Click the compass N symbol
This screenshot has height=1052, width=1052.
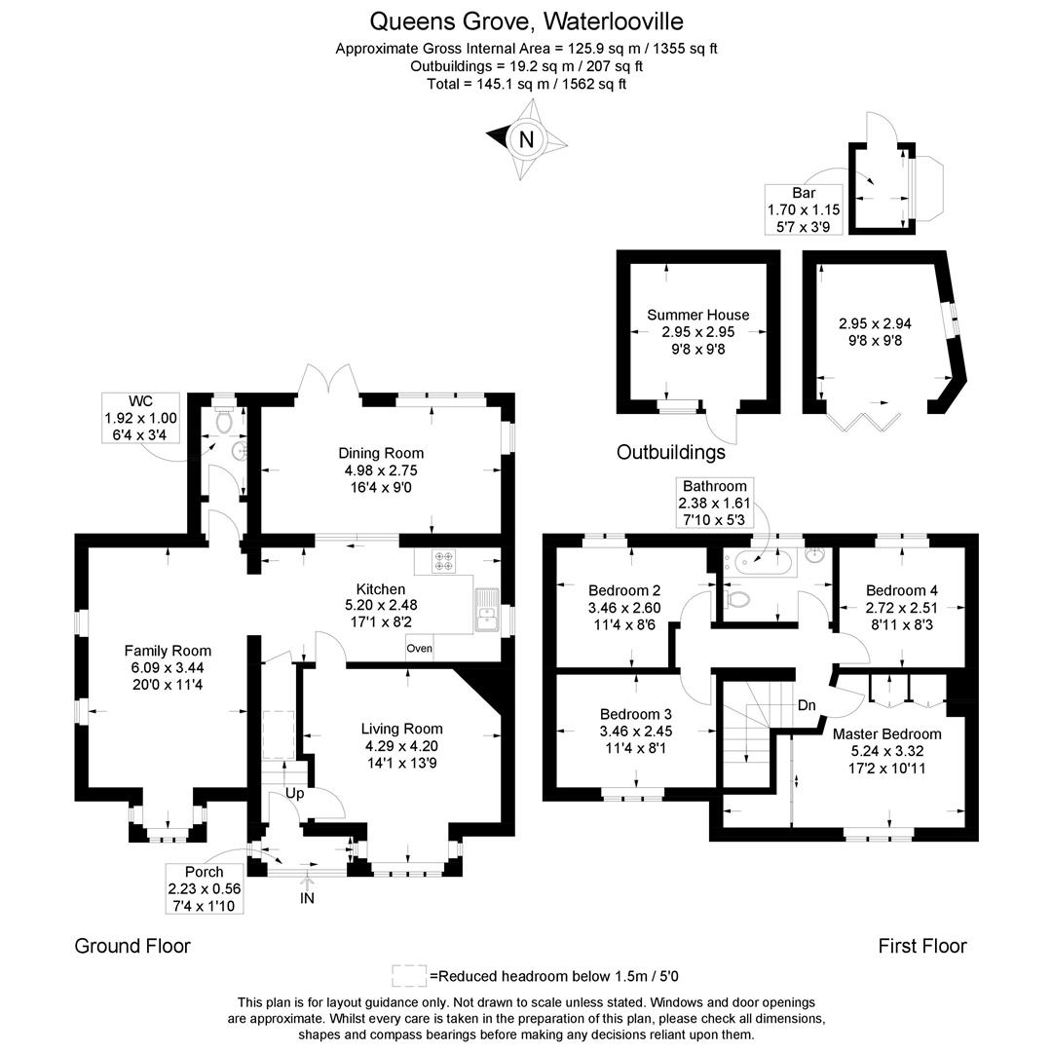(526, 139)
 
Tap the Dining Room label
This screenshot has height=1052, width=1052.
(381, 453)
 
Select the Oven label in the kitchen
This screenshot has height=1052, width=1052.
(419, 649)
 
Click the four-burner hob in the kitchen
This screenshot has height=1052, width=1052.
(444, 560)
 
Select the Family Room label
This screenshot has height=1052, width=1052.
(168, 651)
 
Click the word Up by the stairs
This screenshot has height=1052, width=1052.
(294, 794)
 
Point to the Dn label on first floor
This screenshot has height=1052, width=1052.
(807, 704)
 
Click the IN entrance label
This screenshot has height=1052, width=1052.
(307, 898)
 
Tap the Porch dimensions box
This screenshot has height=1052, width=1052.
(204, 888)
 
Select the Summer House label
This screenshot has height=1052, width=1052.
(698, 315)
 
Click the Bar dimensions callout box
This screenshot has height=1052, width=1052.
(804, 209)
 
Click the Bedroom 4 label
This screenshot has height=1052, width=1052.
(902, 590)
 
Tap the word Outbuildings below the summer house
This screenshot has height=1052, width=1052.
(671, 452)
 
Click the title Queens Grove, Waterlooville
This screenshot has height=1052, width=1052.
(526, 20)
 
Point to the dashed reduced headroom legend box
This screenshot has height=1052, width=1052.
(409, 976)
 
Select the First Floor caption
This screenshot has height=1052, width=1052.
(922, 945)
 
